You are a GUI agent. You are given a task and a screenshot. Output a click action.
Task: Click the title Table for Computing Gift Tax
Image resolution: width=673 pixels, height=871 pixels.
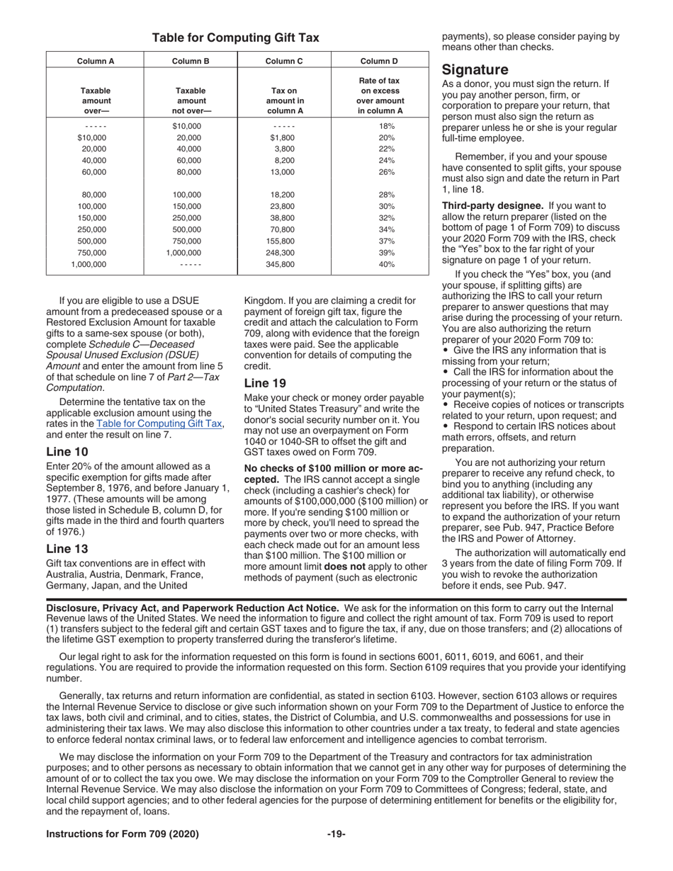236,38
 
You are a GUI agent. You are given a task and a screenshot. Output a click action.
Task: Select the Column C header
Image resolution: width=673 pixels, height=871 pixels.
284,61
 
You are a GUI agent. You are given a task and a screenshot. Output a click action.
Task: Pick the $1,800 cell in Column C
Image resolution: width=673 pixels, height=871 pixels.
284,137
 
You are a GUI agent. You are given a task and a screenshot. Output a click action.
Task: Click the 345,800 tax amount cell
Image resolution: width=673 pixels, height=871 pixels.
284,264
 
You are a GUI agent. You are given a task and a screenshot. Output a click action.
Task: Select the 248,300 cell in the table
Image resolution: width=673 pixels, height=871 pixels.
284,252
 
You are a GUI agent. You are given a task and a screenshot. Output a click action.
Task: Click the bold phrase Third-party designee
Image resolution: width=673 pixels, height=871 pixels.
492,205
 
